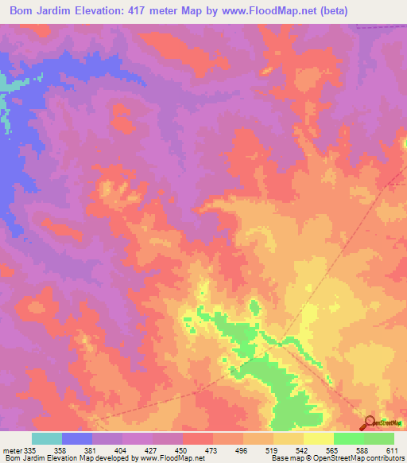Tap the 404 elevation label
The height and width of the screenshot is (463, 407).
119,450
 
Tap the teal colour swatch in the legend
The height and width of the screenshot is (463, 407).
47,438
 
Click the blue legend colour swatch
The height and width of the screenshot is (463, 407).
77,438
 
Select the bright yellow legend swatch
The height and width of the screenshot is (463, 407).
318,438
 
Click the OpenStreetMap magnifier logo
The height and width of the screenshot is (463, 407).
370,422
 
